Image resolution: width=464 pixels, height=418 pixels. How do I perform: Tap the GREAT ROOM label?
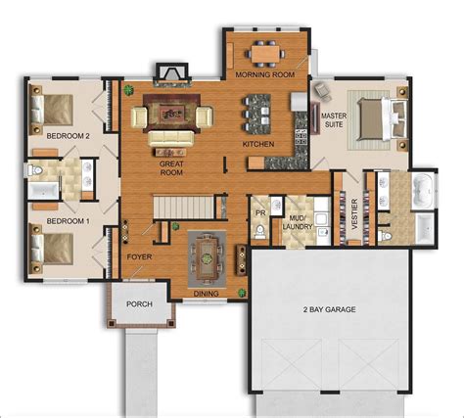pyautogui.click(x=173, y=167)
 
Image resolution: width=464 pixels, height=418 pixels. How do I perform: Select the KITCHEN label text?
pyautogui.click(x=257, y=145)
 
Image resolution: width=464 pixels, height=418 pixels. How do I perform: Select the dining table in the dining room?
pyautogui.click(x=206, y=256)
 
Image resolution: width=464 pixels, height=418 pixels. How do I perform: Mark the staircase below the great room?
pyautogui.click(x=186, y=207)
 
